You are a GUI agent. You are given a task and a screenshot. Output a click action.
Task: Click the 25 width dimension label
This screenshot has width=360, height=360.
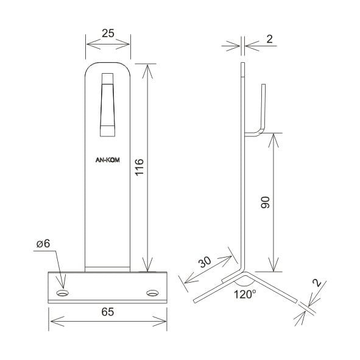[108, 34]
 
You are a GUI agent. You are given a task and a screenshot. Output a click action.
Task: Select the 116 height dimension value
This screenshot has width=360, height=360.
[139, 167]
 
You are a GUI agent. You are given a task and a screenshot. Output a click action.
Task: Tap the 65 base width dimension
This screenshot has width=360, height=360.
[108, 312]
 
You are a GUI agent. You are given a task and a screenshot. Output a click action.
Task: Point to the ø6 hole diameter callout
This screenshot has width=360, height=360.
[43, 244]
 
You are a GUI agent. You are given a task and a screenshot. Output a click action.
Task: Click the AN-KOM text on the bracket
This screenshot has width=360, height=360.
[107, 160]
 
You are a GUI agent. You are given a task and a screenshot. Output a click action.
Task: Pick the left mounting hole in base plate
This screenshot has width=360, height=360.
[63, 293]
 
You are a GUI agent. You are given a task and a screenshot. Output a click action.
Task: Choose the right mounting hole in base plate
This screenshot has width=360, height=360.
[152, 293]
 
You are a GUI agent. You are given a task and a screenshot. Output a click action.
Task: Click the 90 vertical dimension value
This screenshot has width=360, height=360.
[266, 202]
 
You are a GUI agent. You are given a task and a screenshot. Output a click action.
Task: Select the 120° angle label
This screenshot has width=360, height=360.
[245, 294]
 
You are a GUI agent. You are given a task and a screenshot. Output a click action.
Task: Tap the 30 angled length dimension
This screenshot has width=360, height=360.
[205, 262]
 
